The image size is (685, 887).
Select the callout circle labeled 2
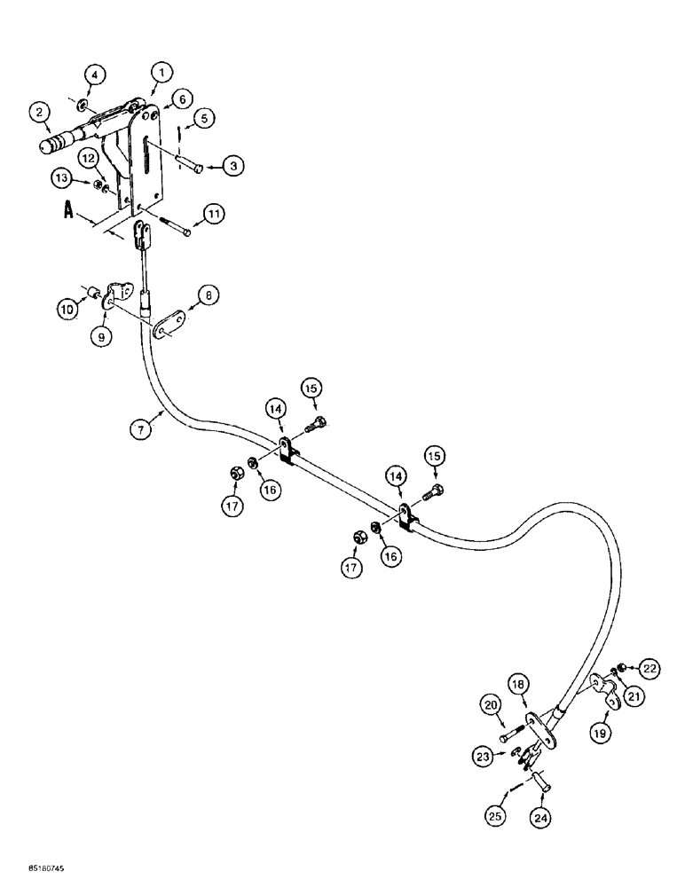38,112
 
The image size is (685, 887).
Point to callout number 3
234,166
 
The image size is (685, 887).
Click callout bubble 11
214,214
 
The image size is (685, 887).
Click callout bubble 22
650,668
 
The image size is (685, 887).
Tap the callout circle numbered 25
494,814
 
